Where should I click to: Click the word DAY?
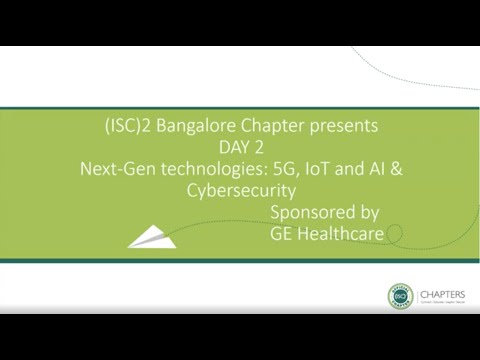(x=225, y=147)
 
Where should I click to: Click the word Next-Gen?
(x=115, y=168)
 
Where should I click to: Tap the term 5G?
(x=274, y=168)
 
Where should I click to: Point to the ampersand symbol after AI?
(x=396, y=168)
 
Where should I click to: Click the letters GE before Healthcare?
(x=282, y=233)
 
